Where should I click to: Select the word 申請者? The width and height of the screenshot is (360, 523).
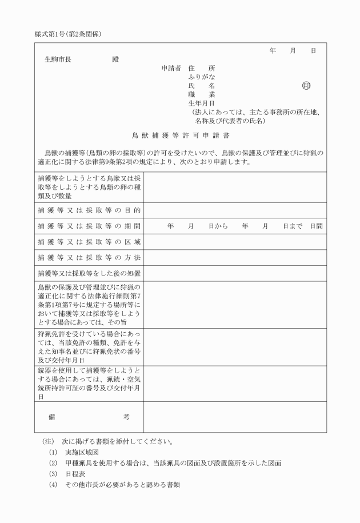(171, 68)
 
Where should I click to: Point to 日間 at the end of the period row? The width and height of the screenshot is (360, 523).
(317, 226)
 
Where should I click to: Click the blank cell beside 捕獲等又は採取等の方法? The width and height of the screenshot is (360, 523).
(235, 257)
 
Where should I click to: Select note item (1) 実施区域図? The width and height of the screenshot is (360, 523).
(74, 452)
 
